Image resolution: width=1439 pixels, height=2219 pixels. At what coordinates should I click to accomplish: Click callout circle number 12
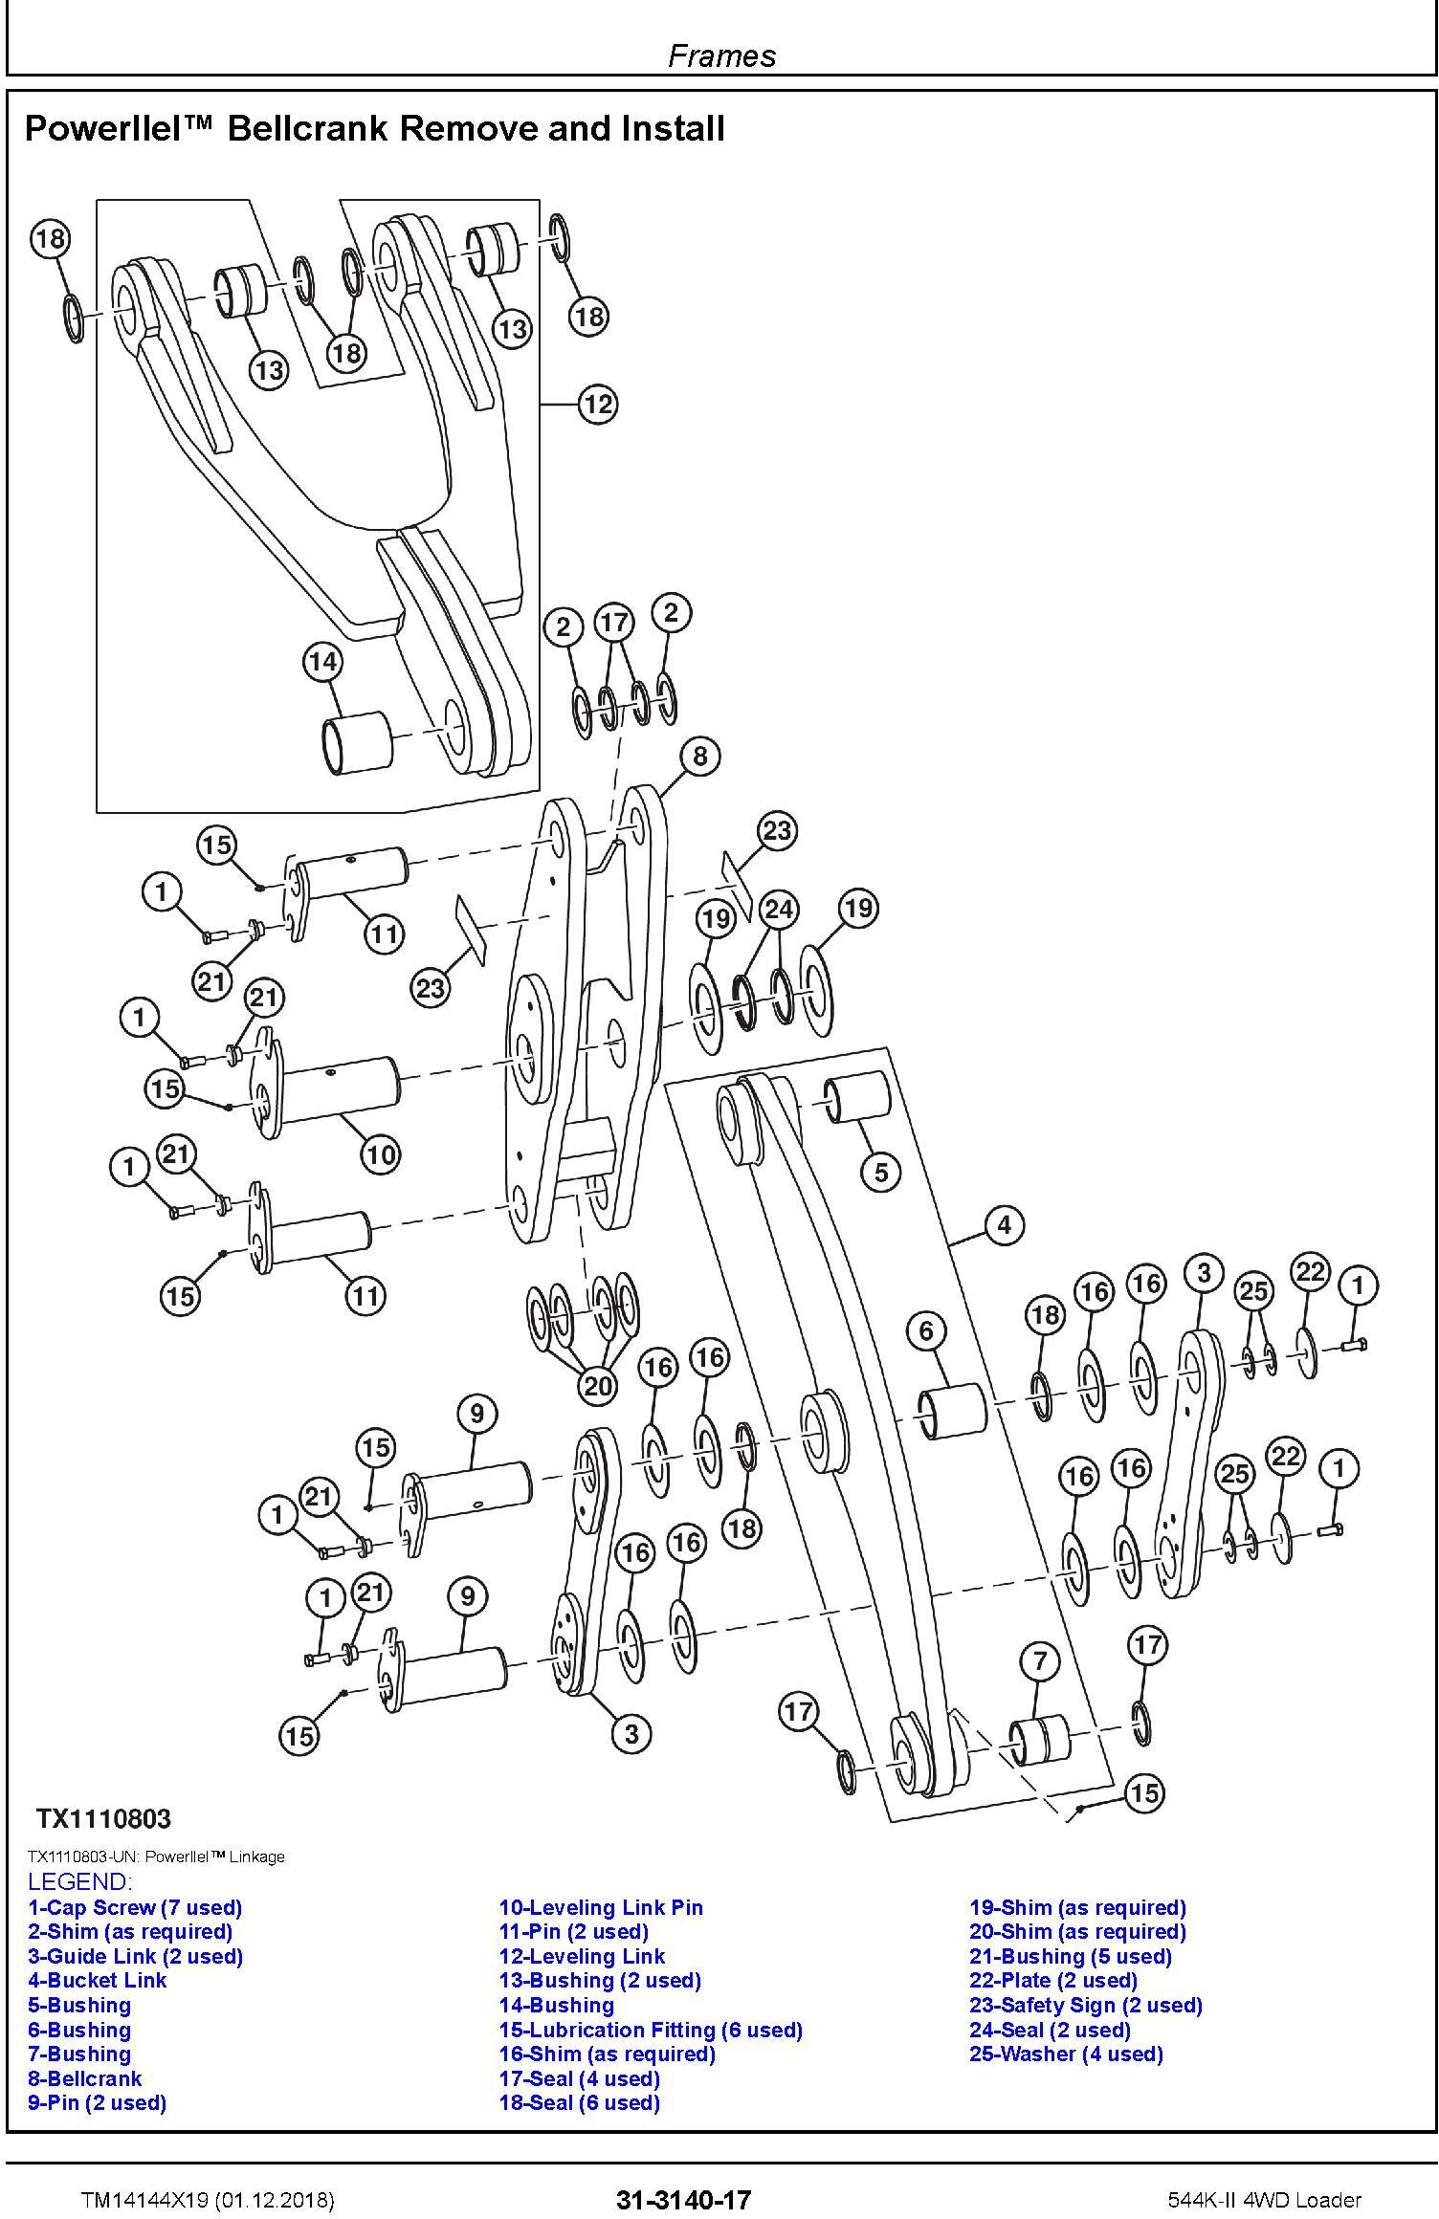coord(597,405)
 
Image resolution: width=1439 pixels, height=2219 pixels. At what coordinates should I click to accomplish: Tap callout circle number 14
coord(323,662)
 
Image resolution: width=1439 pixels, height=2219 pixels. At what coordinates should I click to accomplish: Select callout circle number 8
coord(699,756)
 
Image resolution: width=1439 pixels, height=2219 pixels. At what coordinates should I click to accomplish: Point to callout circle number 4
coord(1004,1224)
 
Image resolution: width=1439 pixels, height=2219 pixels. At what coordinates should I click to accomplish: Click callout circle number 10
coord(380,1154)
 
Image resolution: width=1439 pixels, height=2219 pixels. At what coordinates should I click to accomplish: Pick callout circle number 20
coord(598,1385)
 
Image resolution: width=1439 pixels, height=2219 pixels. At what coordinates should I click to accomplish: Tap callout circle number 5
coord(881,1171)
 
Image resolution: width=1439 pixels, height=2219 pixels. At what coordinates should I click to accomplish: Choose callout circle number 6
coord(926,1330)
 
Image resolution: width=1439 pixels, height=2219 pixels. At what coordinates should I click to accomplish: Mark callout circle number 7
coord(1040,1660)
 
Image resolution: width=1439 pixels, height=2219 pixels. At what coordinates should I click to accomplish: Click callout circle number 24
coord(779,909)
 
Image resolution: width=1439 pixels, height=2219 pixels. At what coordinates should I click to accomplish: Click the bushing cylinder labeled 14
coord(356,743)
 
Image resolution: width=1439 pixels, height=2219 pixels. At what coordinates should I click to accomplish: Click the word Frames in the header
coord(721,55)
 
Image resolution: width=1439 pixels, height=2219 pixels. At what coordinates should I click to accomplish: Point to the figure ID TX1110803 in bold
coord(103,1818)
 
